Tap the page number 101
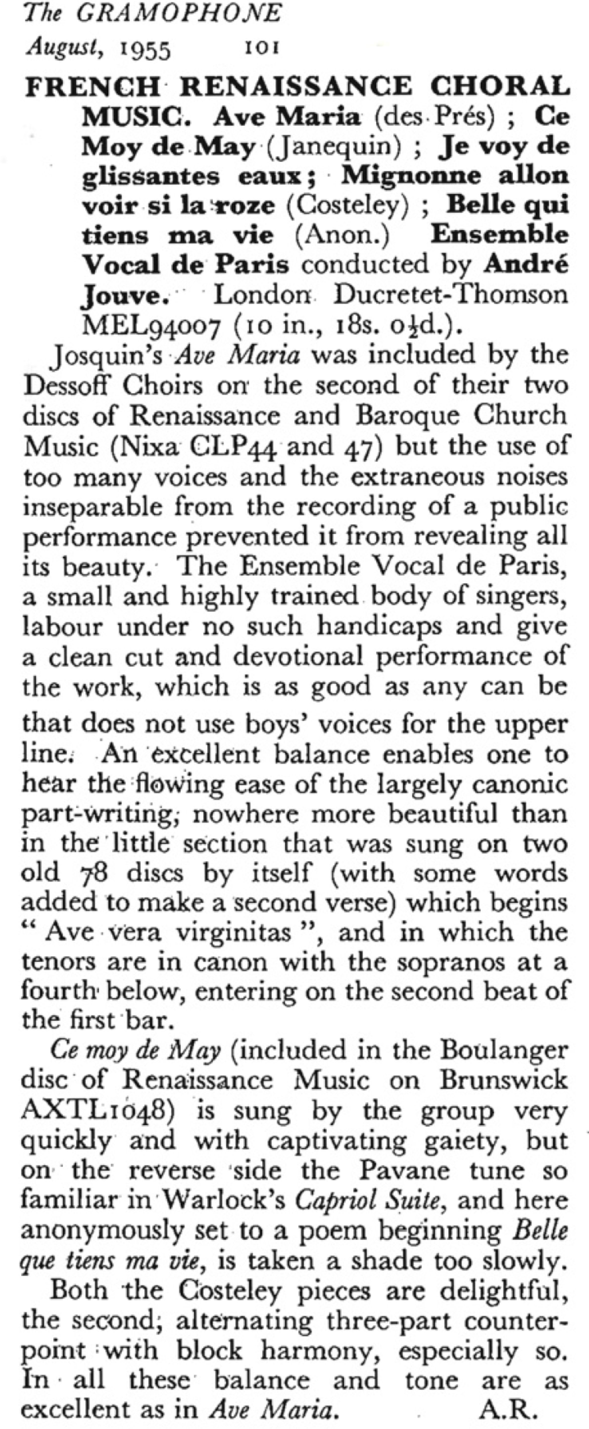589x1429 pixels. (x=261, y=49)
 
